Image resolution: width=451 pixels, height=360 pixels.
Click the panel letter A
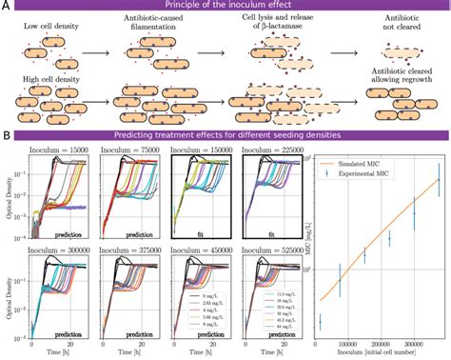tap(6, 8)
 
